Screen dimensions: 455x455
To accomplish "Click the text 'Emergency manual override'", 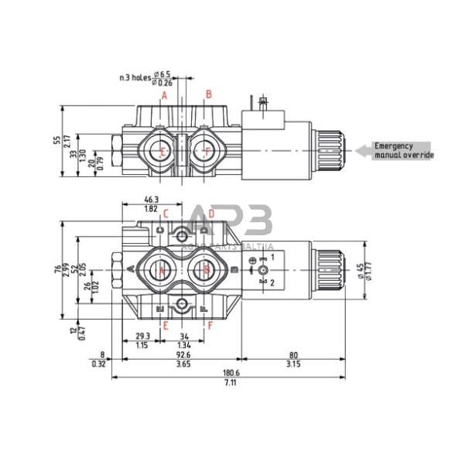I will tap(403, 150).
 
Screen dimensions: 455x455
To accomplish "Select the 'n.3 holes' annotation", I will tap(135, 77).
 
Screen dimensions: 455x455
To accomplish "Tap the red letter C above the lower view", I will tap(165, 214).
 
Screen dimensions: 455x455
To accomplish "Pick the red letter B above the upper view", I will tap(208, 94).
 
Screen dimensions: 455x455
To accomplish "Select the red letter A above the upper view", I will tap(164, 94).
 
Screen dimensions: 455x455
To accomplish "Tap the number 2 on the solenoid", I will tap(272, 282).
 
